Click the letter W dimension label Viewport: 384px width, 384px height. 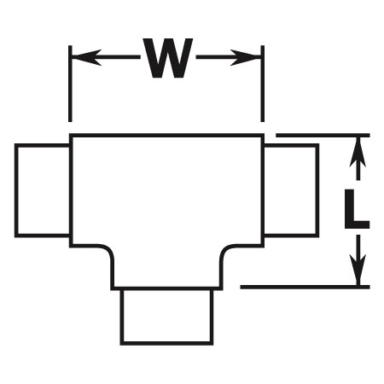168,58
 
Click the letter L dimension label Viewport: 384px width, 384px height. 356,209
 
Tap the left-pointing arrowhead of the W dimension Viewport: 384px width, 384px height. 86,57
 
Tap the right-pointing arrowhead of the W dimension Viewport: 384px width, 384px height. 246,57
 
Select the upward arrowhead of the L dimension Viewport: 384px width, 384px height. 358,152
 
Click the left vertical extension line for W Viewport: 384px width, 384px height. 70,84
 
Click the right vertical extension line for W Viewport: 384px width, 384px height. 263,84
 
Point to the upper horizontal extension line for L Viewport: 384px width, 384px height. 323,135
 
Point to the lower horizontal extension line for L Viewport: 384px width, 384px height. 305,287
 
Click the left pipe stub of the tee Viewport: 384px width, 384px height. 42,190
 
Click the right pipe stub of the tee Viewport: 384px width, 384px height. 291,190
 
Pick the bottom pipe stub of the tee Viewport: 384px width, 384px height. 166,317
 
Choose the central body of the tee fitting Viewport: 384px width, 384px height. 166,199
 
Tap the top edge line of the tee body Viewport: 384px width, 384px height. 166,135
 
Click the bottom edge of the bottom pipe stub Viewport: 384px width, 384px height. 166,344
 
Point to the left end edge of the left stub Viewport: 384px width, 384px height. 16,190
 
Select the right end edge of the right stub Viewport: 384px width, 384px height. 317,190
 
